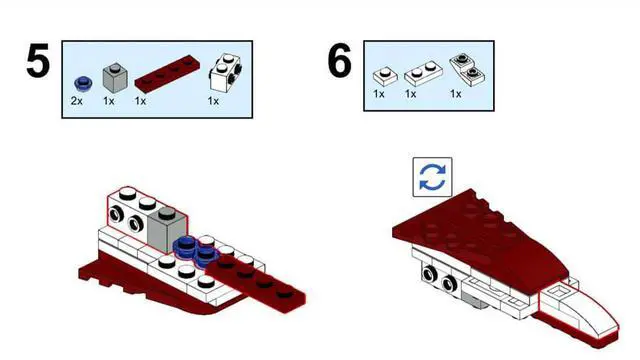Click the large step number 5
click(x=38, y=61)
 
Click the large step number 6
click(x=340, y=61)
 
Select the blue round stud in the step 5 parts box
click(x=83, y=84)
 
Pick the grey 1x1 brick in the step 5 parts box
click(x=115, y=78)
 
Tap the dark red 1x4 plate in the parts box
click(x=167, y=74)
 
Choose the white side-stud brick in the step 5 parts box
click(x=225, y=73)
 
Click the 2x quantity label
click(x=77, y=101)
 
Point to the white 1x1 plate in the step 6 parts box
click(x=385, y=76)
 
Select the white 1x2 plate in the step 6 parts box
click(x=423, y=73)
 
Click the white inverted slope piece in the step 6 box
click(x=468, y=70)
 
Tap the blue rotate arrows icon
click(x=432, y=177)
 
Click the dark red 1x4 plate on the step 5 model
click(x=255, y=284)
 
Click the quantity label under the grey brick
click(x=109, y=101)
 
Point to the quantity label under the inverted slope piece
click(x=456, y=94)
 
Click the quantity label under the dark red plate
click(x=140, y=101)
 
